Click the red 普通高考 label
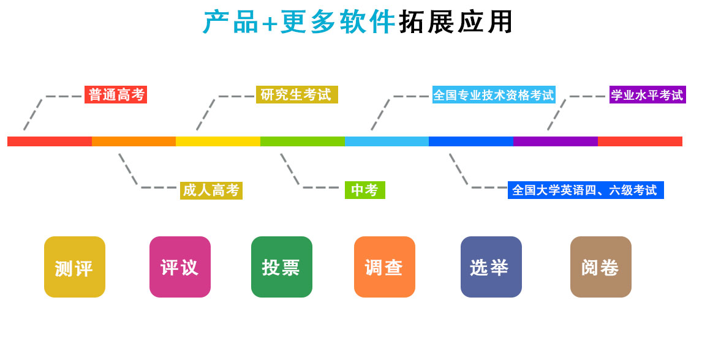coord(116,95)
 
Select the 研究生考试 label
coord(296,95)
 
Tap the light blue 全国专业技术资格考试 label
coord(494,95)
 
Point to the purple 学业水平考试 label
coord(647,95)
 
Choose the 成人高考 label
coord(211,190)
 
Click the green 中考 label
coord(364,190)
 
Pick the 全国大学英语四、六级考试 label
coord(585,190)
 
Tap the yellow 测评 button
coord(75,267)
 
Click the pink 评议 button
coord(180,267)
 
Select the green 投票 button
coord(282,267)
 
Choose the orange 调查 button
coord(385,267)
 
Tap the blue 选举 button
coord(491,267)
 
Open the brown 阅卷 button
coord(601,267)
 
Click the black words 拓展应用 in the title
coord(456,23)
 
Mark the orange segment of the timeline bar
coord(134,141)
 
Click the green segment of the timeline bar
coord(303,141)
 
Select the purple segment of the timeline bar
coord(555,141)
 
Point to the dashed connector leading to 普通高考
coord(34,113)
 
